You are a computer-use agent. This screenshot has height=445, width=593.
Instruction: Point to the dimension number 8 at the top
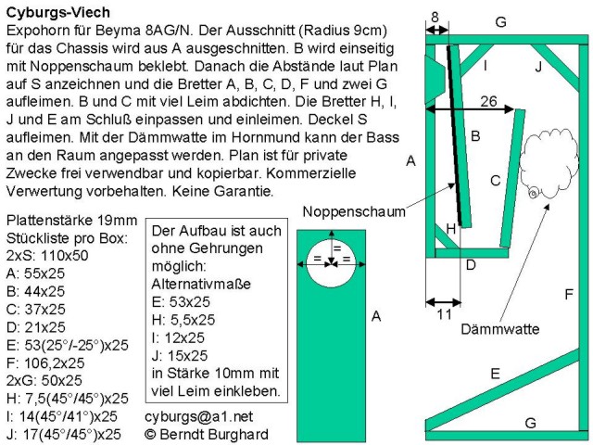(435, 14)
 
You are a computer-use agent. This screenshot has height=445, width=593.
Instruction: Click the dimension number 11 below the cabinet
(443, 314)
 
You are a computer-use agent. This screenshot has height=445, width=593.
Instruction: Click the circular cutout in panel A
(336, 261)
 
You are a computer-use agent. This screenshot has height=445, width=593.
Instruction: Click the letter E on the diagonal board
(495, 373)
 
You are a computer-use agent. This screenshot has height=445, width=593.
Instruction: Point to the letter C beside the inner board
(495, 181)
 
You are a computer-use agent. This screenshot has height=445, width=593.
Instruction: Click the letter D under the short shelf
(471, 266)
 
